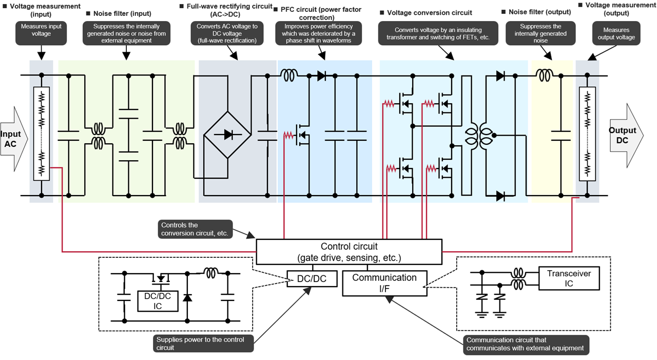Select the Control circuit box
click(x=349, y=252)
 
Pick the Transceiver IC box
click(x=569, y=278)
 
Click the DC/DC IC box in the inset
click(x=158, y=301)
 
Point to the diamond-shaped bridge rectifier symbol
click(x=227, y=136)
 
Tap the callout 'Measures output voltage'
click(x=616, y=33)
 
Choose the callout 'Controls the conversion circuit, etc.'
click(x=194, y=229)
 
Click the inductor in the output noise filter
click(x=544, y=76)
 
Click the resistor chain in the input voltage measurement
click(x=42, y=134)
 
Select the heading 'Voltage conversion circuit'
click(x=429, y=12)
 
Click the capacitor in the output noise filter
click(x=561, y=136)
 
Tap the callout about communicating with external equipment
click(x=525, y=344)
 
